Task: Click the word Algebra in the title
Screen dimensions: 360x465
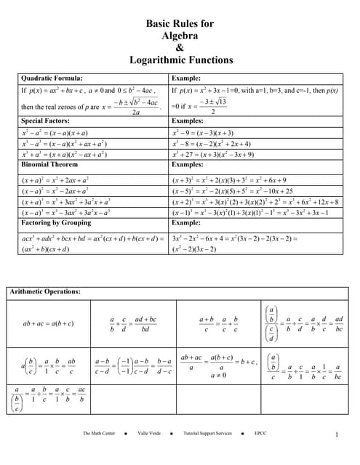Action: point(180,36)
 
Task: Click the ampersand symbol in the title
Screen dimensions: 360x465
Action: point(180,48)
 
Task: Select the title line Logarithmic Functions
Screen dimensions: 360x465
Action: point(180,60)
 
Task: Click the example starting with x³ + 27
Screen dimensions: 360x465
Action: point(213,154)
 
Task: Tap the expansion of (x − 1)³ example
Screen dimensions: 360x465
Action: point(250,212)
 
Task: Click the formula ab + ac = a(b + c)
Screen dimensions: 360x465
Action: point(48,323)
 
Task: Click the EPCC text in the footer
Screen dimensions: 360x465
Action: point(260,433)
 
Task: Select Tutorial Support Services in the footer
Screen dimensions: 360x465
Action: point(208,433)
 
